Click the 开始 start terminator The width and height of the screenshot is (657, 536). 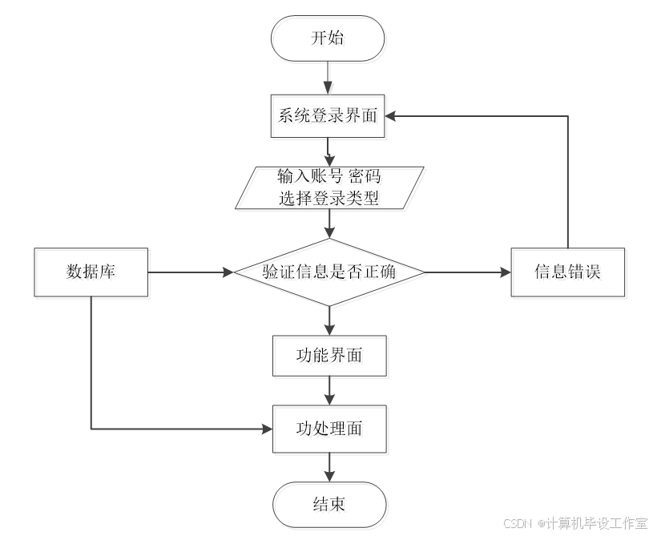[x=329, y=40]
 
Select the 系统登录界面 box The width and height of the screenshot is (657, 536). [x=329, y=119]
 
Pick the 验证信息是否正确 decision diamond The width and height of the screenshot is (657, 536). [x=331, y=273]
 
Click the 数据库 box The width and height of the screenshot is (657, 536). [x=92, y=273]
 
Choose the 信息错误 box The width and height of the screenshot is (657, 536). [x=569, y=273]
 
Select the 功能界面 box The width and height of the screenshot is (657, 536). [x=331, y=357]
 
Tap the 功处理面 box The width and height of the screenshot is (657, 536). [x=331, y=430]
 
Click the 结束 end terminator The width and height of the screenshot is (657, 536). [x=331, y=506]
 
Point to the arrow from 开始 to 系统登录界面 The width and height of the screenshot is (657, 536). [x=329, y=80]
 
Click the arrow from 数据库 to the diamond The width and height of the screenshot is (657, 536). [x=192, y=273]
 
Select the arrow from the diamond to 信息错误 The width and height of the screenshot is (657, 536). [x=469, y=273]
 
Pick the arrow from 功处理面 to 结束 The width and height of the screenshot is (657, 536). [x=329, y=468]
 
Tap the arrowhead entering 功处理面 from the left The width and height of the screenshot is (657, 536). [x=268, y=429]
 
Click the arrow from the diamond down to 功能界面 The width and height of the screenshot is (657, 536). [x=329, y=322]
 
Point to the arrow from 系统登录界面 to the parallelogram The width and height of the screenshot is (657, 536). [x=329, y=152]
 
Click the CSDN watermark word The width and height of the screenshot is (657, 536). [x=517, y=522]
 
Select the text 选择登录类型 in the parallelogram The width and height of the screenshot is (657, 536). [x=330, y=200]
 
